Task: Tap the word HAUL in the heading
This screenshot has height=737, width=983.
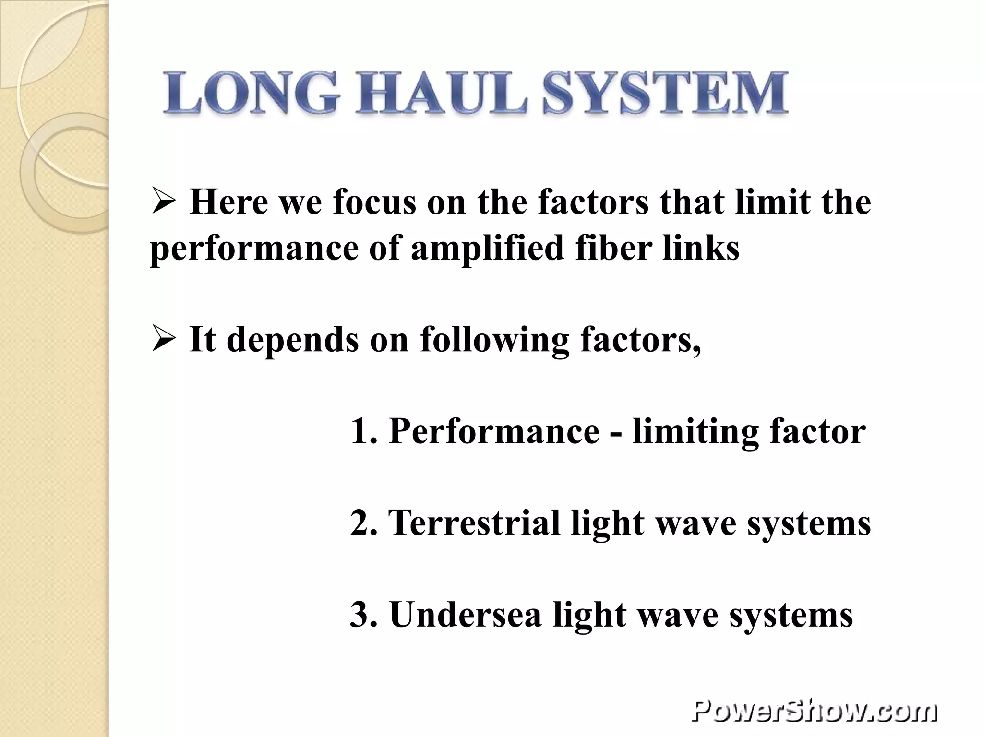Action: click(x=440, y=94)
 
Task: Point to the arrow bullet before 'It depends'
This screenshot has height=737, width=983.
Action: click(x=164, y=339)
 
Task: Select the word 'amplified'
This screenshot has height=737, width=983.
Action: click(x=487, y=249)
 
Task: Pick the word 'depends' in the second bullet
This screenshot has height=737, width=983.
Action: click(x=293, y=340)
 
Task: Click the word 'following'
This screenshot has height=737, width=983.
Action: click(x=494, y=340)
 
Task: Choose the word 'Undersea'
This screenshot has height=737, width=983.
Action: click(x=465, y=615)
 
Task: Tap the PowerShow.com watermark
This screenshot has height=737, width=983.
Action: click(x=814, y=710)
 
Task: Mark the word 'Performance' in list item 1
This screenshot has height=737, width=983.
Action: click(x=494, y=431)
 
